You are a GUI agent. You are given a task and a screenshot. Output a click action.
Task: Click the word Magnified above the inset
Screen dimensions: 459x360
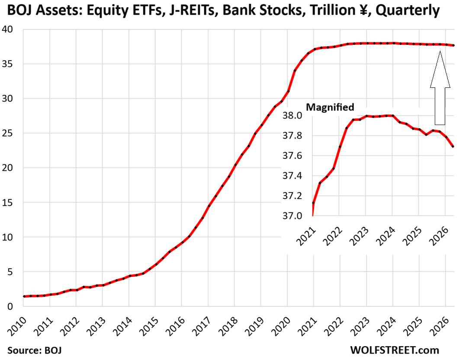[x=330, y=107]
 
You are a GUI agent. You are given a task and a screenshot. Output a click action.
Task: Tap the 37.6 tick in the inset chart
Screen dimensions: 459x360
[x=292, y=156]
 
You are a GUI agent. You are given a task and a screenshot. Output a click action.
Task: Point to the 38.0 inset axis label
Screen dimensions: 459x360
[x=292, y=116]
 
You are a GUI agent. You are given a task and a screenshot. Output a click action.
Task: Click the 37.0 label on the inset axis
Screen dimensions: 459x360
[x=292, y=216]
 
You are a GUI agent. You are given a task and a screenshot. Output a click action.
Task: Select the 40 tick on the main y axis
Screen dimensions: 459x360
[x=7, y=29]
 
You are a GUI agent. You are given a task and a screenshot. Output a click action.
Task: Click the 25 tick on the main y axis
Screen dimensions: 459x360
[x=7, y=133]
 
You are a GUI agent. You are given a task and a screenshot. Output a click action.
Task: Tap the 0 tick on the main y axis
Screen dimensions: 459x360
[x=10, y=306]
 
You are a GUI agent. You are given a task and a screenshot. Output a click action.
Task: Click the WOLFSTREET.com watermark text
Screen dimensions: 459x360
[x=395, y=350]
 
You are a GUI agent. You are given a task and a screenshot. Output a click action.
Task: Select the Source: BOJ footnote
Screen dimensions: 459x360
[x=35, y=350]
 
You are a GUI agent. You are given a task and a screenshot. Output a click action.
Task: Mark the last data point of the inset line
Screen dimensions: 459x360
[x=453, y=146]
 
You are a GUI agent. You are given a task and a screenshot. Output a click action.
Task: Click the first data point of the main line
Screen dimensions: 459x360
[x=24, y=296]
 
